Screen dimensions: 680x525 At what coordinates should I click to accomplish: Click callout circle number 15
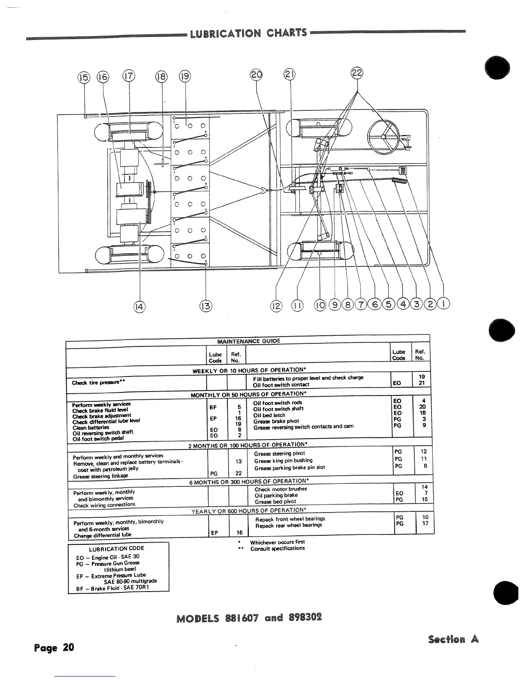pyautogui.click(x=84, y=77)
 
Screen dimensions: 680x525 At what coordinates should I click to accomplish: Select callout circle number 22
pyautogui.click(x=357, y=73)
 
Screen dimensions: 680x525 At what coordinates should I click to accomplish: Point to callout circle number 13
pyautogui.click(x=206, y=306)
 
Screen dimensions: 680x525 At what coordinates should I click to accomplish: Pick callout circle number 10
pyautogui.click(x=320, y=306)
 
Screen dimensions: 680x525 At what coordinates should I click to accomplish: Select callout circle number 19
pyautogui.click(x=185, y=77)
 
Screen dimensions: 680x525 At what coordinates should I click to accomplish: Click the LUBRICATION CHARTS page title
pyautogui.click(x=248, y=33)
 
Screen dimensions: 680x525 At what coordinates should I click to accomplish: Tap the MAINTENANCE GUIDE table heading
pyautogui.click(x=248, y=341)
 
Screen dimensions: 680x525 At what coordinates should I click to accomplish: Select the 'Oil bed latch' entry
pyautogui.click(x=270, y=415)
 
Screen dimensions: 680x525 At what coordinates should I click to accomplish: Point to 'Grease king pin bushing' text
pyautogui.click(x=283, y=461)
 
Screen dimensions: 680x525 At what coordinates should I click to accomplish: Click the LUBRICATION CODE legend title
pyautogui.click(x=116, y=549)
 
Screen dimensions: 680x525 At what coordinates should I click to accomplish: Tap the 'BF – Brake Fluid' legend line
pyautogui.click(x=112, y=588)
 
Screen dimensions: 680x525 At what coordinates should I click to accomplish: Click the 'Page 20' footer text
pyautogui.click(x=54, y=647)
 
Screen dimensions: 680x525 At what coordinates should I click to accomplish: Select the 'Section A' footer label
pyautogui.click(x=453, y=640)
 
